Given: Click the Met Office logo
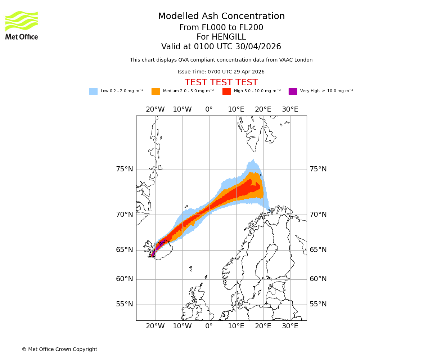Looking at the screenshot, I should pos(22,25).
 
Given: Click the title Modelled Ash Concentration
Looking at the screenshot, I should pos(221,17).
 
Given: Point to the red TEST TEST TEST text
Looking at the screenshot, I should pos(221,82).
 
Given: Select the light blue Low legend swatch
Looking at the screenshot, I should pos(93,91).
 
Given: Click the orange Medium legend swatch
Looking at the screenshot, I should pos(156,91).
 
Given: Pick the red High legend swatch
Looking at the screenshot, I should pos(226,91).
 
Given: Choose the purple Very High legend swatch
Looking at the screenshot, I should pos(293,91).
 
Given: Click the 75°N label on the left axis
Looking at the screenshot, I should pos(124,169).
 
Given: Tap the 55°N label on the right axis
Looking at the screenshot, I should pos(318,304).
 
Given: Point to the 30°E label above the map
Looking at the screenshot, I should pos(290,109).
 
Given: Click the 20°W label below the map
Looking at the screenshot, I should pos(155,326).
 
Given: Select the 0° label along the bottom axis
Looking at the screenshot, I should pos(209,326).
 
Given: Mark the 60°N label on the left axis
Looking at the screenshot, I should pos(124,279).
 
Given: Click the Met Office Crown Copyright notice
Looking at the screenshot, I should pos(59,349).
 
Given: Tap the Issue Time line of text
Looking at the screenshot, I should pos(221,72).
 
